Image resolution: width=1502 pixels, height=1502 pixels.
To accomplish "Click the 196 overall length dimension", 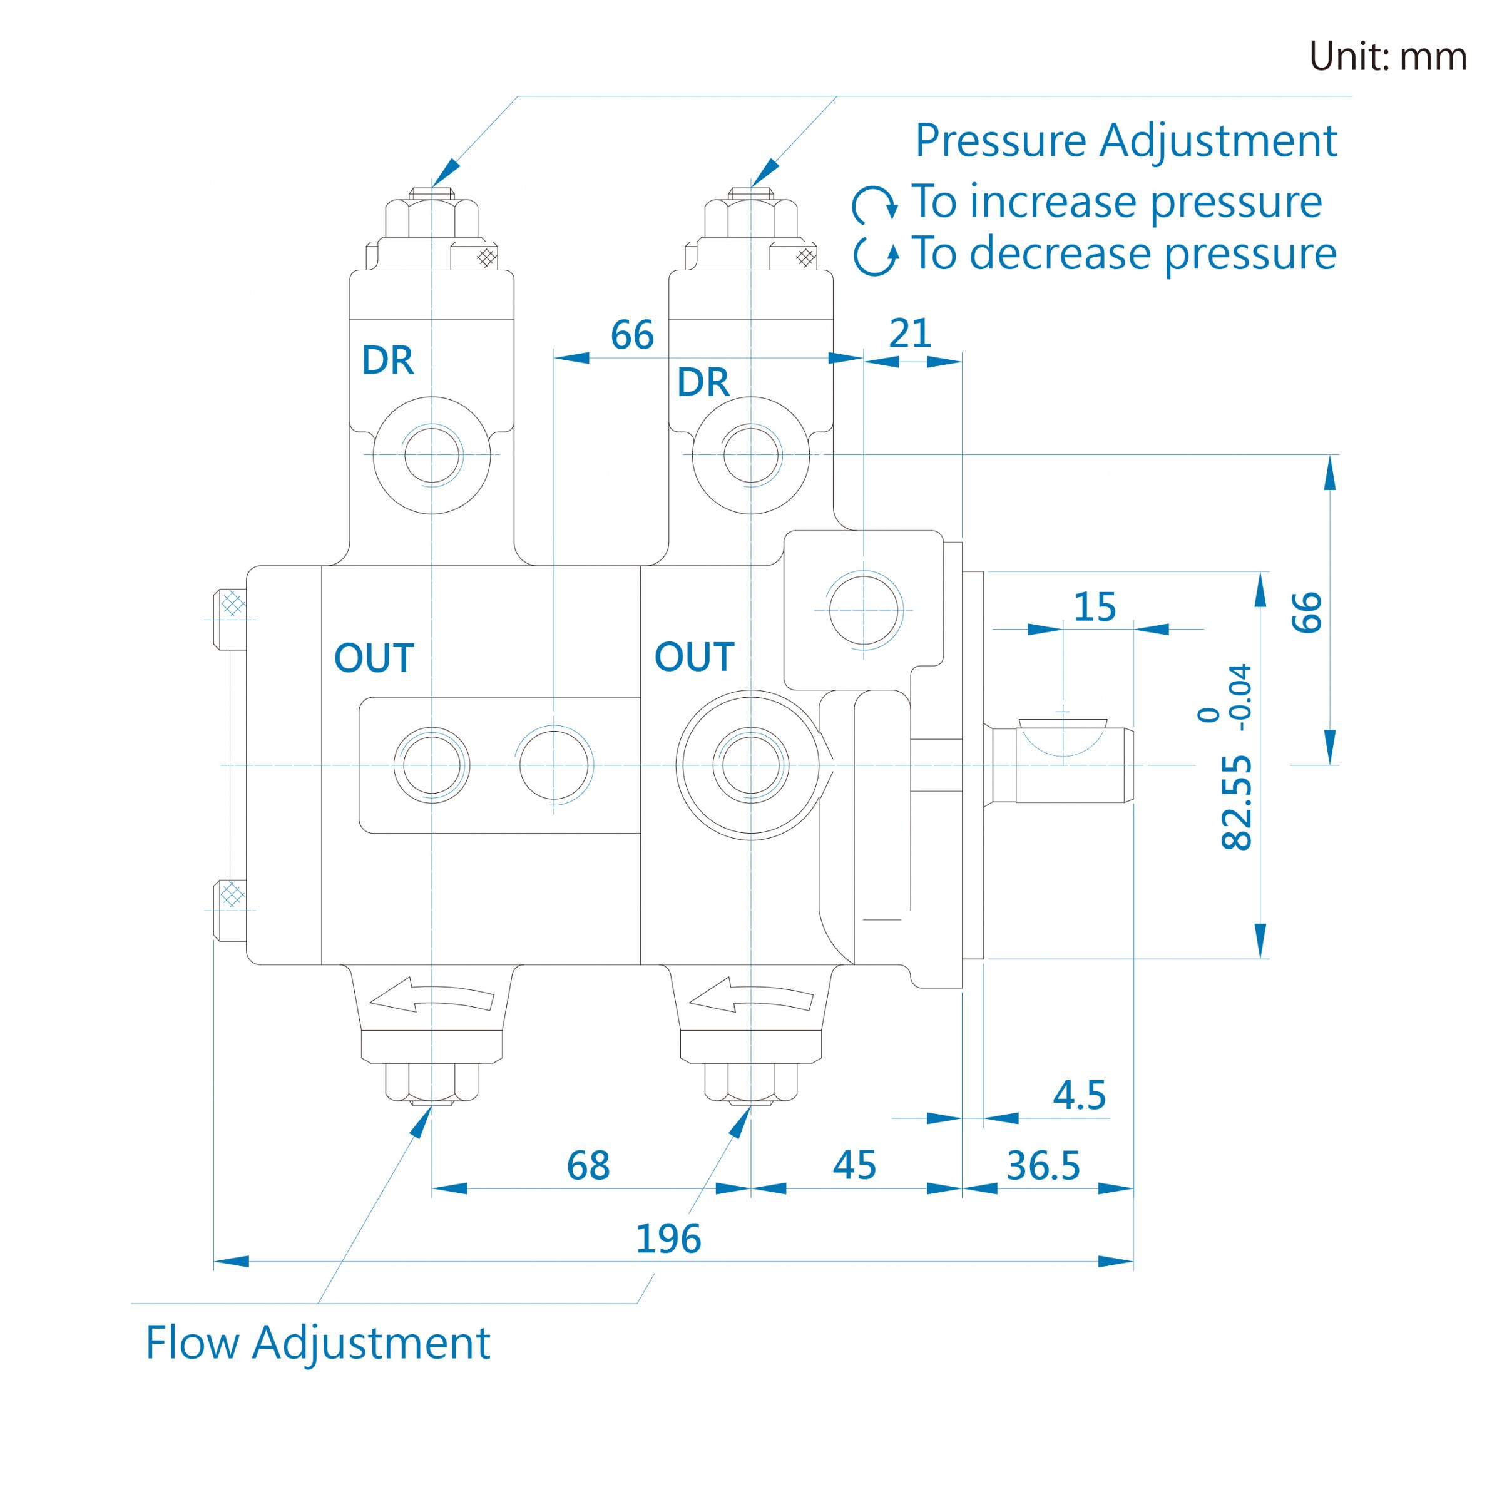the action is tap(668, 1238).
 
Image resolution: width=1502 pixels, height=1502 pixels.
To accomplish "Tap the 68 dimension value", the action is tap(588, 1165).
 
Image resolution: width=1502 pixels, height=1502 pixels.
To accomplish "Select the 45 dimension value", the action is tap(854, 1165).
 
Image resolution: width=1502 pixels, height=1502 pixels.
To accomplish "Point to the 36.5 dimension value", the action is tap(1043, 1165).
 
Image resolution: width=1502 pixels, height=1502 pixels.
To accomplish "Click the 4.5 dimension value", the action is tap(1079, 1095).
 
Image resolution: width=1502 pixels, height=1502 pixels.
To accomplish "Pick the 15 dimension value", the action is tap(1095, 607).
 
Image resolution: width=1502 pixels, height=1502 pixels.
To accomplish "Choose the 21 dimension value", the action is tap(909, 334).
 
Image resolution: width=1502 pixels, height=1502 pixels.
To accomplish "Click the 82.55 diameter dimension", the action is tap(1237, 802).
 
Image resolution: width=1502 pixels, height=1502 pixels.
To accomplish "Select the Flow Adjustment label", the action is tap(318, 1342).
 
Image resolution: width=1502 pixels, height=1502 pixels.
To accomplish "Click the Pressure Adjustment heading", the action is tap(1126, 141).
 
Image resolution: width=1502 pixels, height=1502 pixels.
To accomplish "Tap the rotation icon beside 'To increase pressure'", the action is tap(875, 203).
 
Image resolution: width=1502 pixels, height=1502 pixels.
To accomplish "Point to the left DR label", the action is tap(387, 360).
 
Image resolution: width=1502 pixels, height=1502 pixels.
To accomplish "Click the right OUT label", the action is tap(694, 657).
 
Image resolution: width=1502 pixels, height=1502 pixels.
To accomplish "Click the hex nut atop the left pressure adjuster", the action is tap(431, 218).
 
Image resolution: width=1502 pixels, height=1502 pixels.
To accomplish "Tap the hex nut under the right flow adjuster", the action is tap(751, 1081).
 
